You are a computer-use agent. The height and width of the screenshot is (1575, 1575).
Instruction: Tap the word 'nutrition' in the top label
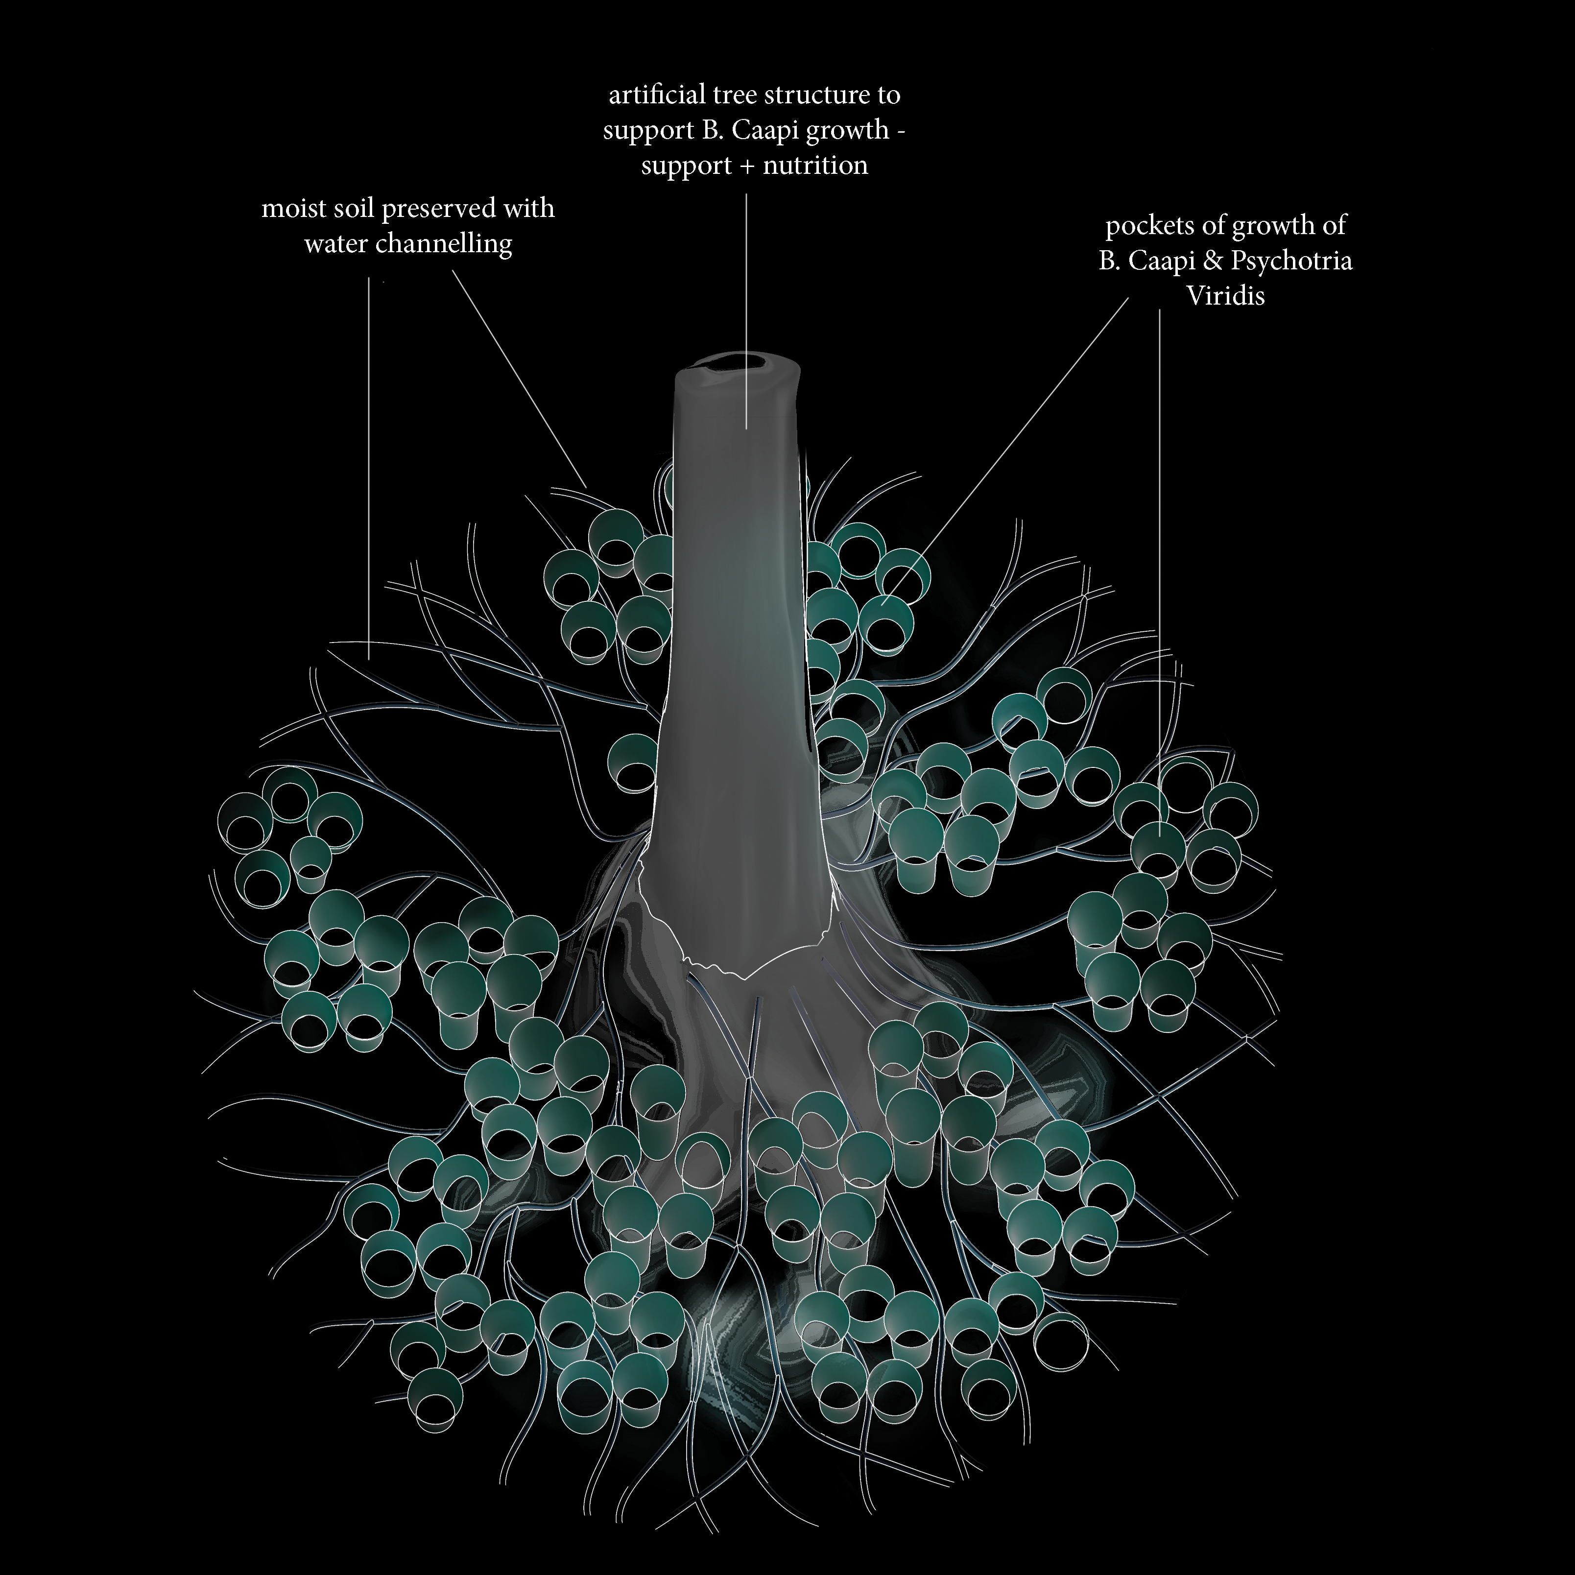pyautogui.click(x=815, y=166)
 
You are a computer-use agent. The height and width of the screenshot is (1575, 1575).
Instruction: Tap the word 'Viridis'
pyautogui.click(x=1225, y=295)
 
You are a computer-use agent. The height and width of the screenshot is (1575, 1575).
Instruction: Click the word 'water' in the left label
pyautogui.click(x=335, y=244)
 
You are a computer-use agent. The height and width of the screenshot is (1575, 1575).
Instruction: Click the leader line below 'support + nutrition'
pyautogui.click(x=747, y=310)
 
